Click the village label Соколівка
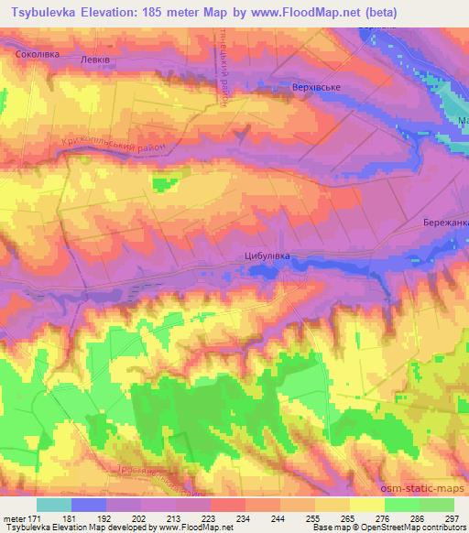coord(36,55)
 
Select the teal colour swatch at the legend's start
coord(53,505)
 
